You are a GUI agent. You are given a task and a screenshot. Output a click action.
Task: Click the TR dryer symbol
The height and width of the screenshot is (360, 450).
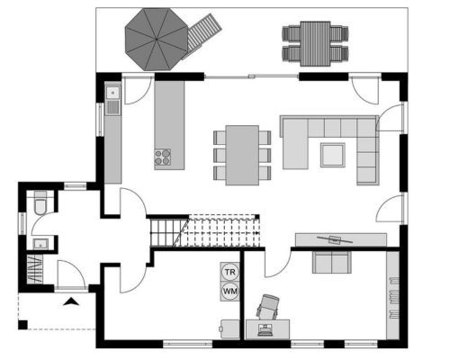230,272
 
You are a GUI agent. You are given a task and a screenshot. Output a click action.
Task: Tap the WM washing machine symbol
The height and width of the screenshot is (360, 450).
230,291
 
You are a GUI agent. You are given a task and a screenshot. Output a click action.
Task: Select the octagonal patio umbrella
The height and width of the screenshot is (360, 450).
157,40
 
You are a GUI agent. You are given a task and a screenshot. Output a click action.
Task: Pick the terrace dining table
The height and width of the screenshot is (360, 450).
315,44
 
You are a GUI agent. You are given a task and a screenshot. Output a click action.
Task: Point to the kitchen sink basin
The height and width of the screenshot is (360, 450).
112,93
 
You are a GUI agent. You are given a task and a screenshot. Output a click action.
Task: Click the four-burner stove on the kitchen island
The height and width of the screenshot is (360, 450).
163,157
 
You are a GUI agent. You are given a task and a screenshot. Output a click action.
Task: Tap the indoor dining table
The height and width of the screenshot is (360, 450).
242,155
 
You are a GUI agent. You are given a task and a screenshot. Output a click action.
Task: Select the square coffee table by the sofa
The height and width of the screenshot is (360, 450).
333,155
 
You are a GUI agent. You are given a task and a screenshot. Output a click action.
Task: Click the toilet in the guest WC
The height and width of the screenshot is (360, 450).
40,202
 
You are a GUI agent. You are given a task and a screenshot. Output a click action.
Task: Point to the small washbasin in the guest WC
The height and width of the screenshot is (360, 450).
40,243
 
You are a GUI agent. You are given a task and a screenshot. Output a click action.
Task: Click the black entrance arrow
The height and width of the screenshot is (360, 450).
71,301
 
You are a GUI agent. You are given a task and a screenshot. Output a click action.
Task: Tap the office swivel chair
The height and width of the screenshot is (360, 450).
268,307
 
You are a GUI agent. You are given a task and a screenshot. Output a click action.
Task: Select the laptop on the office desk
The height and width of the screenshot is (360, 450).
265,329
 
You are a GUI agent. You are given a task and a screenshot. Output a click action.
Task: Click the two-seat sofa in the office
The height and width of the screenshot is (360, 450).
332,263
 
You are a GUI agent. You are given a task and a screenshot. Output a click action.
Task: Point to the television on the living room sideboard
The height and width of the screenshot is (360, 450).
335,239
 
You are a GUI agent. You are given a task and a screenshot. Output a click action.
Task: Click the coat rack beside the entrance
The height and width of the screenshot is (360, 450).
35,269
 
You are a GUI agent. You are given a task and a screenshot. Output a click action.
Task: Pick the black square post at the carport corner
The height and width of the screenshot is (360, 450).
22,325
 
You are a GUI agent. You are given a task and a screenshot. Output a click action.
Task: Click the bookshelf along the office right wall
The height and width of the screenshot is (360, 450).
393,295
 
